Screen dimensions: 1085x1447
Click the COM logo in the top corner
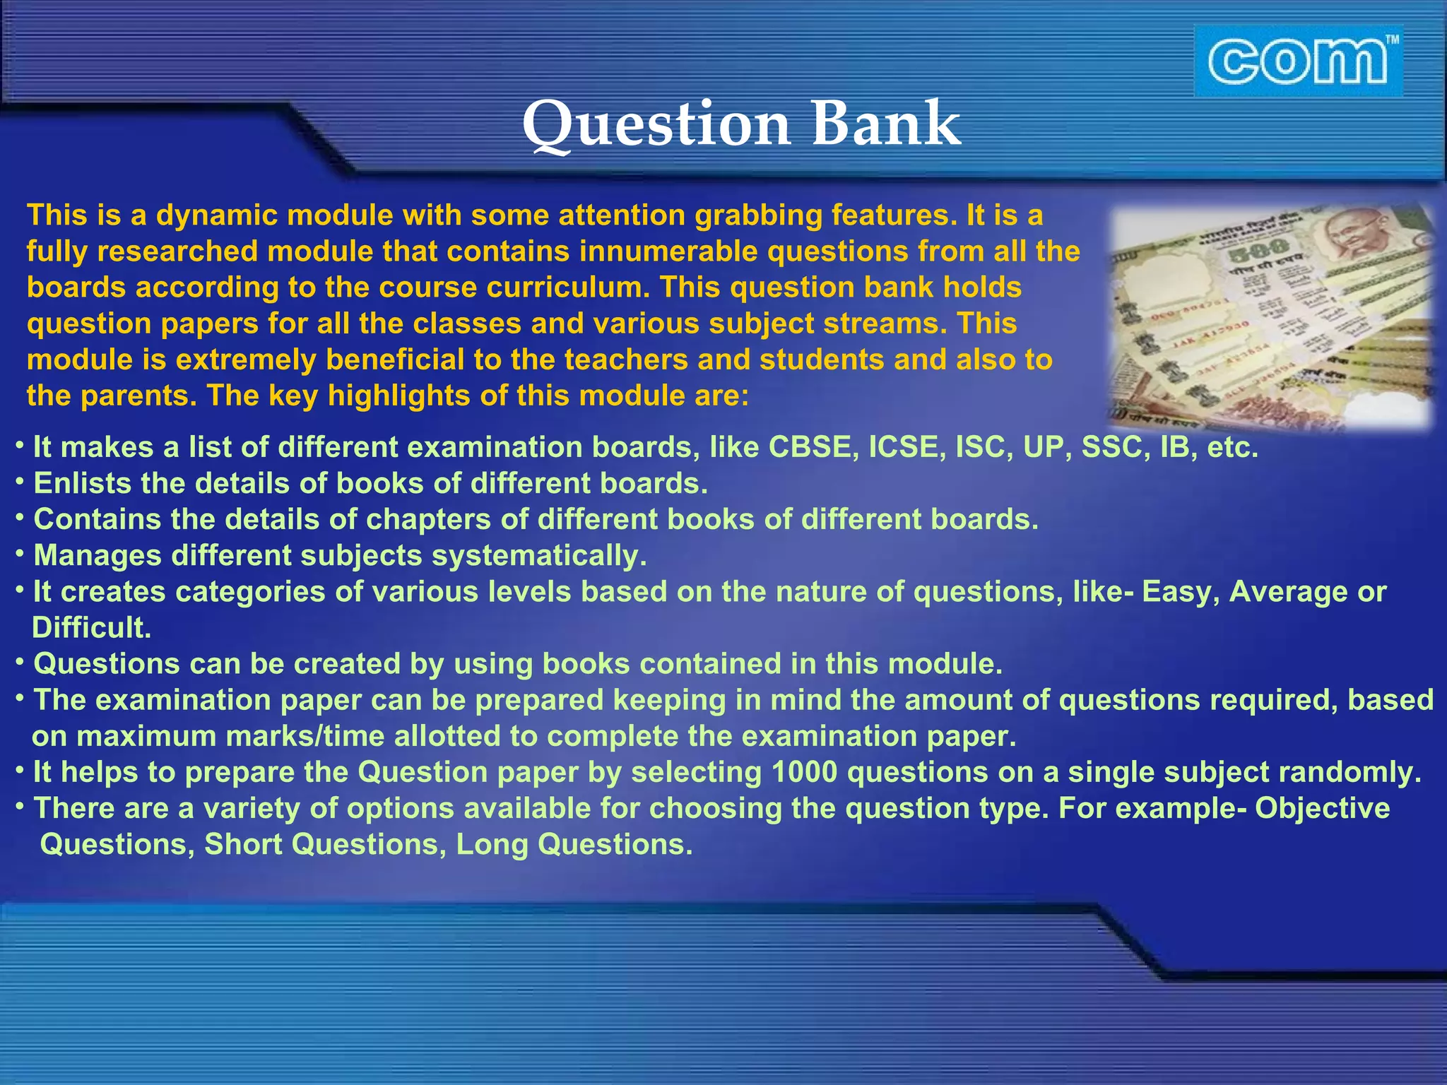pos(1298,61)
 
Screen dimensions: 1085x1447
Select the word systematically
pos(539,556)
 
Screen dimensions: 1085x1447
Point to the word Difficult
pos(92,628)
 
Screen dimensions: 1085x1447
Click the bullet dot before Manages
pos(20,554)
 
